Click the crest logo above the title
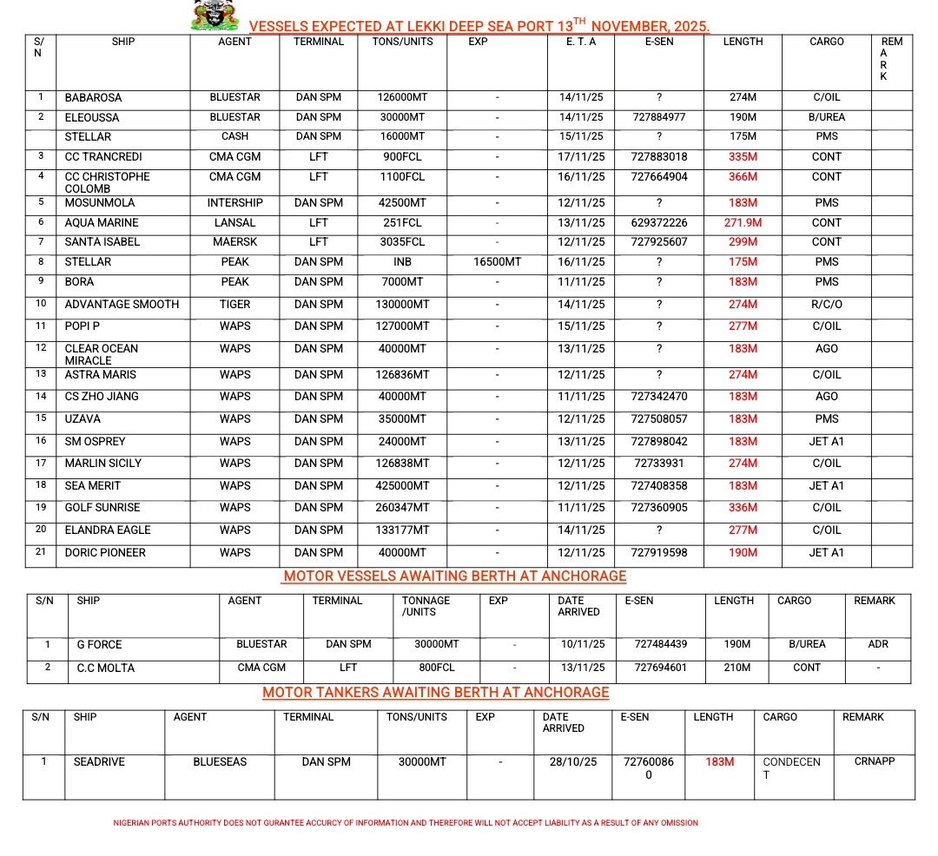[x=215, y=15]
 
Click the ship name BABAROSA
[x=93, y=98]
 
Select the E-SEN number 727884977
[x=658, y=117]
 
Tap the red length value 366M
[x=743, y=177]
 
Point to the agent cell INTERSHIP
[x=234, y=203]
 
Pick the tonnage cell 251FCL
[x=401, y=223]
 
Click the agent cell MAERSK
[x=234, y=242]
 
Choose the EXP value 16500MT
[x=497, y=262]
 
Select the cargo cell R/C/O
[x=826, y=305]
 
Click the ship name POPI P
[x=83, y=326]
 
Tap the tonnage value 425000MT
[x=401, y=486]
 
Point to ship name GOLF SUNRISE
[x=102, y=508]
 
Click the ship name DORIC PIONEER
[x=105, y=553]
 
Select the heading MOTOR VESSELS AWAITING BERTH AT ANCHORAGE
[x=455, y=576]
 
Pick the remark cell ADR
[x=878, y=645]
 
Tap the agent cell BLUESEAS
[x=220, y=762]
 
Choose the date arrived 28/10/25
[x=573, y=762]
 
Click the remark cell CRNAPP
[x=875, y=761]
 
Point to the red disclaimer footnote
[x=406, y=823]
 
